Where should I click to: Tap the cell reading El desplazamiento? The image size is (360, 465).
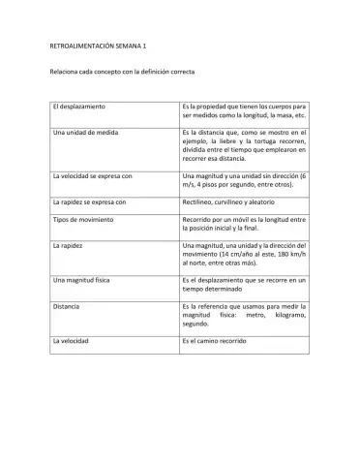[78, 104]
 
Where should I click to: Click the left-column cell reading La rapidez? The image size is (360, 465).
[68, 247]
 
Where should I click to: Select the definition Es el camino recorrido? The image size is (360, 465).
[222, 341]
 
